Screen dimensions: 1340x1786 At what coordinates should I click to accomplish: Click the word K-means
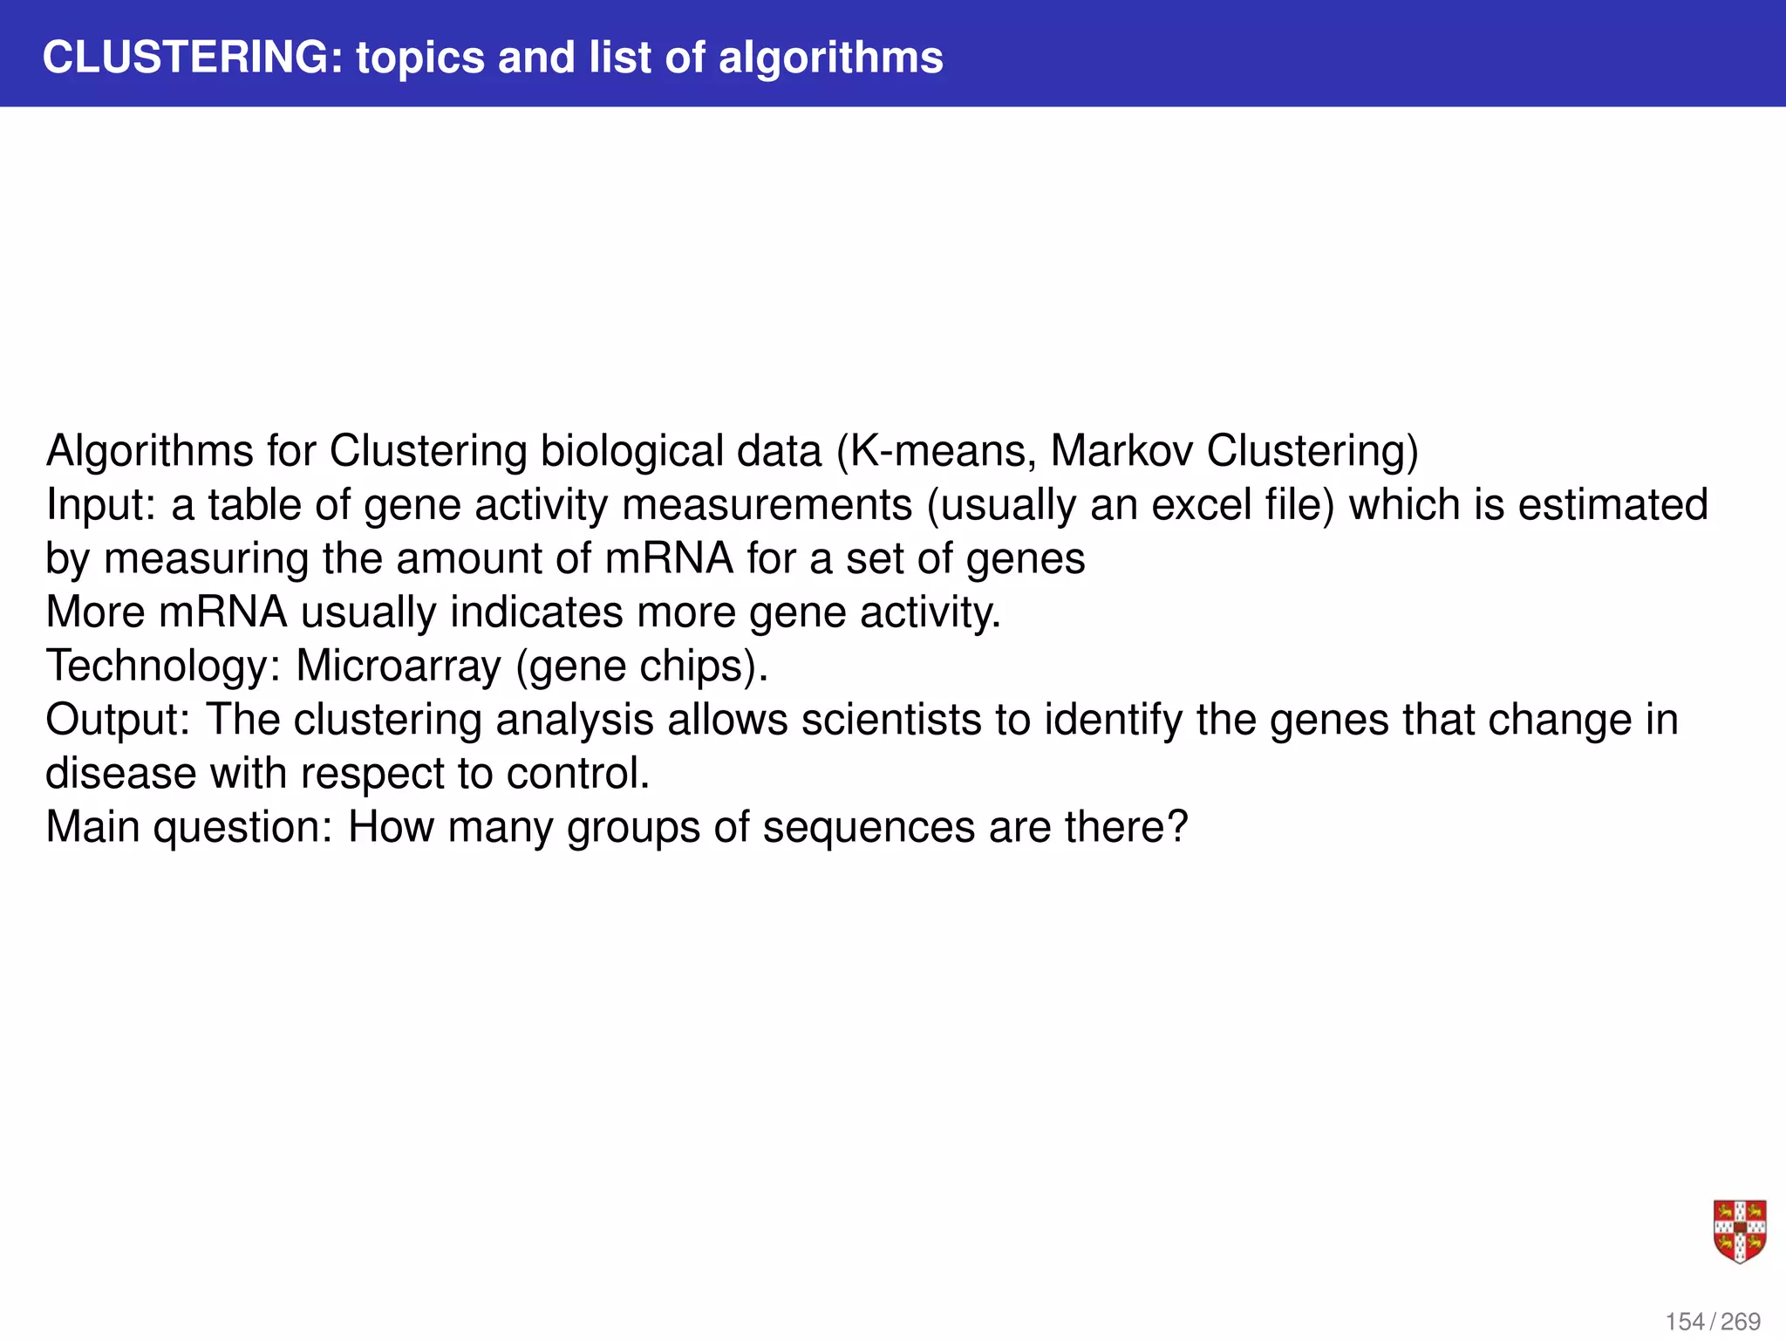(943, 452)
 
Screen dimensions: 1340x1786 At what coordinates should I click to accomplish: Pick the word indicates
(536, 612)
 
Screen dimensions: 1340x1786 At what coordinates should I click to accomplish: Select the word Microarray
(399, 667)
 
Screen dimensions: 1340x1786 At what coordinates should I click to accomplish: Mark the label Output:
(118, 721)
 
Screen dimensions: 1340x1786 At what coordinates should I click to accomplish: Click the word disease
(120, 774)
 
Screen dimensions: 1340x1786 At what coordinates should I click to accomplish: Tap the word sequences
(869, 827)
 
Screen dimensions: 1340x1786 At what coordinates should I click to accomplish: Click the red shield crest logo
(1740, 1231)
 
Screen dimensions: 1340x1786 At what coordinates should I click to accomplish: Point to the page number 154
(1685, 1322)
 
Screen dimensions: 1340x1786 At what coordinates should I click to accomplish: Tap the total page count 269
(1741, 1322)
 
